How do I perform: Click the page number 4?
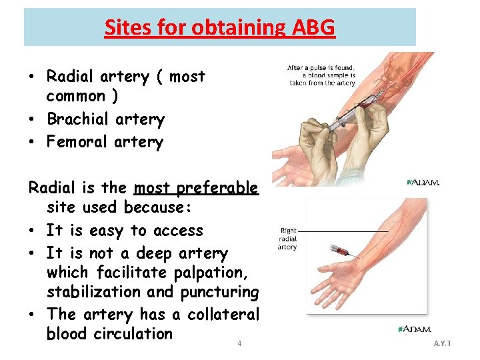(239, 344)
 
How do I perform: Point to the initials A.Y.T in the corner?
(442, 343)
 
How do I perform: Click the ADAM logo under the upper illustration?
(423, 182)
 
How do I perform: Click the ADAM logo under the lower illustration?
(414, 329)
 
